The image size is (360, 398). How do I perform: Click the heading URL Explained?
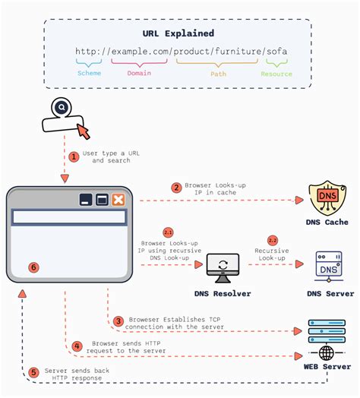pyautogui.click(x=178, y=34)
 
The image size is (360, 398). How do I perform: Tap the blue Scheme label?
pyautogui.click(x=89, y=74)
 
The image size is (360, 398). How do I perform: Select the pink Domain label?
pyautogui.click(x=139, y=74)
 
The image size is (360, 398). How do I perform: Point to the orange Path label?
pyautogui.click(x=218, y=74)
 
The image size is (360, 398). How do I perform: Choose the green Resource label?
pyautogui.click(x=276, y=74)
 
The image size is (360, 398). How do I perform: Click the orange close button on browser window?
pyautogui.click(x=118, y=200)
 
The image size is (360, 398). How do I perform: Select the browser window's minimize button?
pyautogui.click(x=86, y=200)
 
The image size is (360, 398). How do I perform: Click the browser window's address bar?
pyautogui.click(x=68, y=216)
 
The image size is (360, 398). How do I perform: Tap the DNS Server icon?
pyautogui.click(x=329, y=266)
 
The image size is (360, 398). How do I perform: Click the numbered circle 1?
pyautogui.click(x=74, y=157)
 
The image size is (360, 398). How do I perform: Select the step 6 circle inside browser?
pyautogui.click(x=33, y=267)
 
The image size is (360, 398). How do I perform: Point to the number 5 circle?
pyautogui.click(x=33, y=372)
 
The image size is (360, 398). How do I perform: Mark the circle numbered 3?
pyautogui.click(x=118, y=321)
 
